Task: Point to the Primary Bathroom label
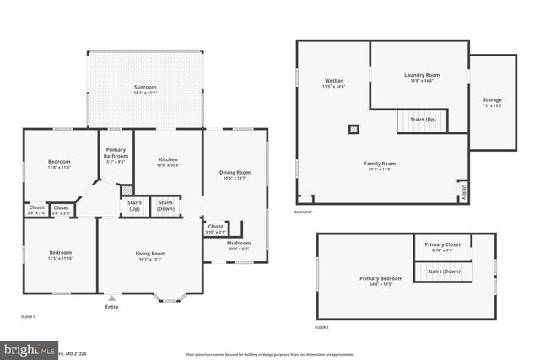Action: pos(116,153)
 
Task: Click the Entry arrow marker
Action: pos(111,298)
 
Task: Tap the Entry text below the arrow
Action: pos(111,307)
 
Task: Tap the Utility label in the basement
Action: pos(462,191)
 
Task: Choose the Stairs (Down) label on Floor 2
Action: pos(444,271)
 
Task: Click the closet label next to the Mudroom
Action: pos(216,228)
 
